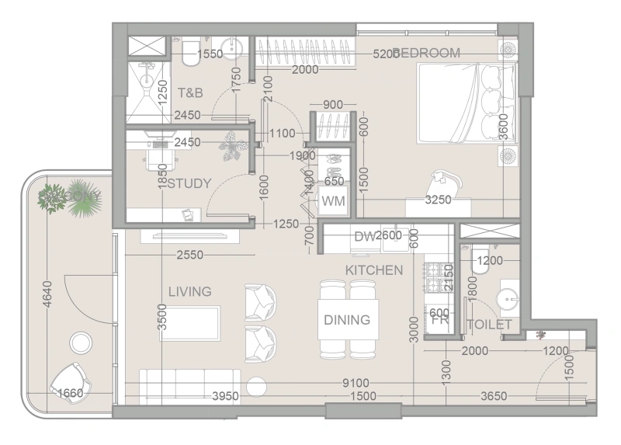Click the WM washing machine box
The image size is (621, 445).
pyautogui.click(x=335, y=202)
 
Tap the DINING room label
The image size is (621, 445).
pyautogui.click(x=347, y=319)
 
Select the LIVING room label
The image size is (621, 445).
pyautogui.click(x=190, y=291)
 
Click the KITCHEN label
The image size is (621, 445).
pyautogui.click(x=374, y=270)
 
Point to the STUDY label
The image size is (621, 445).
pyautogui.click(x=189, y=184)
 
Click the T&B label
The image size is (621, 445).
pyautogui.click(x=190, y=93)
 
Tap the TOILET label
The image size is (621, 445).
pyautogui.click(x=489, y=325)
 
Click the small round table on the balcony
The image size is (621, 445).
pyautogui.click(x=80, y=342)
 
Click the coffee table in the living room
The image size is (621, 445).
pyautogui.click(x=191, y=322)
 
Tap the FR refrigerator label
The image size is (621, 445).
pyautogui.click(x=439, y=319)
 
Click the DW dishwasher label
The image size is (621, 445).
pyautogui.click(x=363, y=236)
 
